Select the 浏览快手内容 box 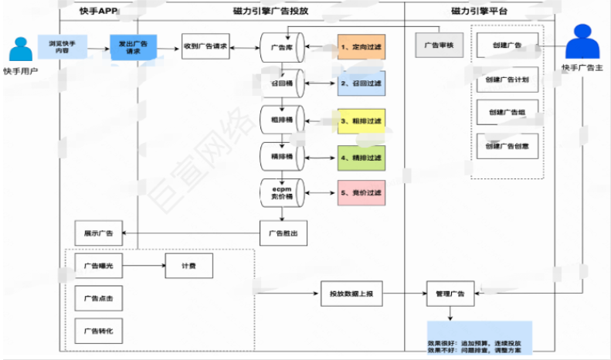pos(62,47)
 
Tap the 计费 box pos(188,266)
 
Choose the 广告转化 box pos(99,330)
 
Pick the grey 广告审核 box pos(438,46)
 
